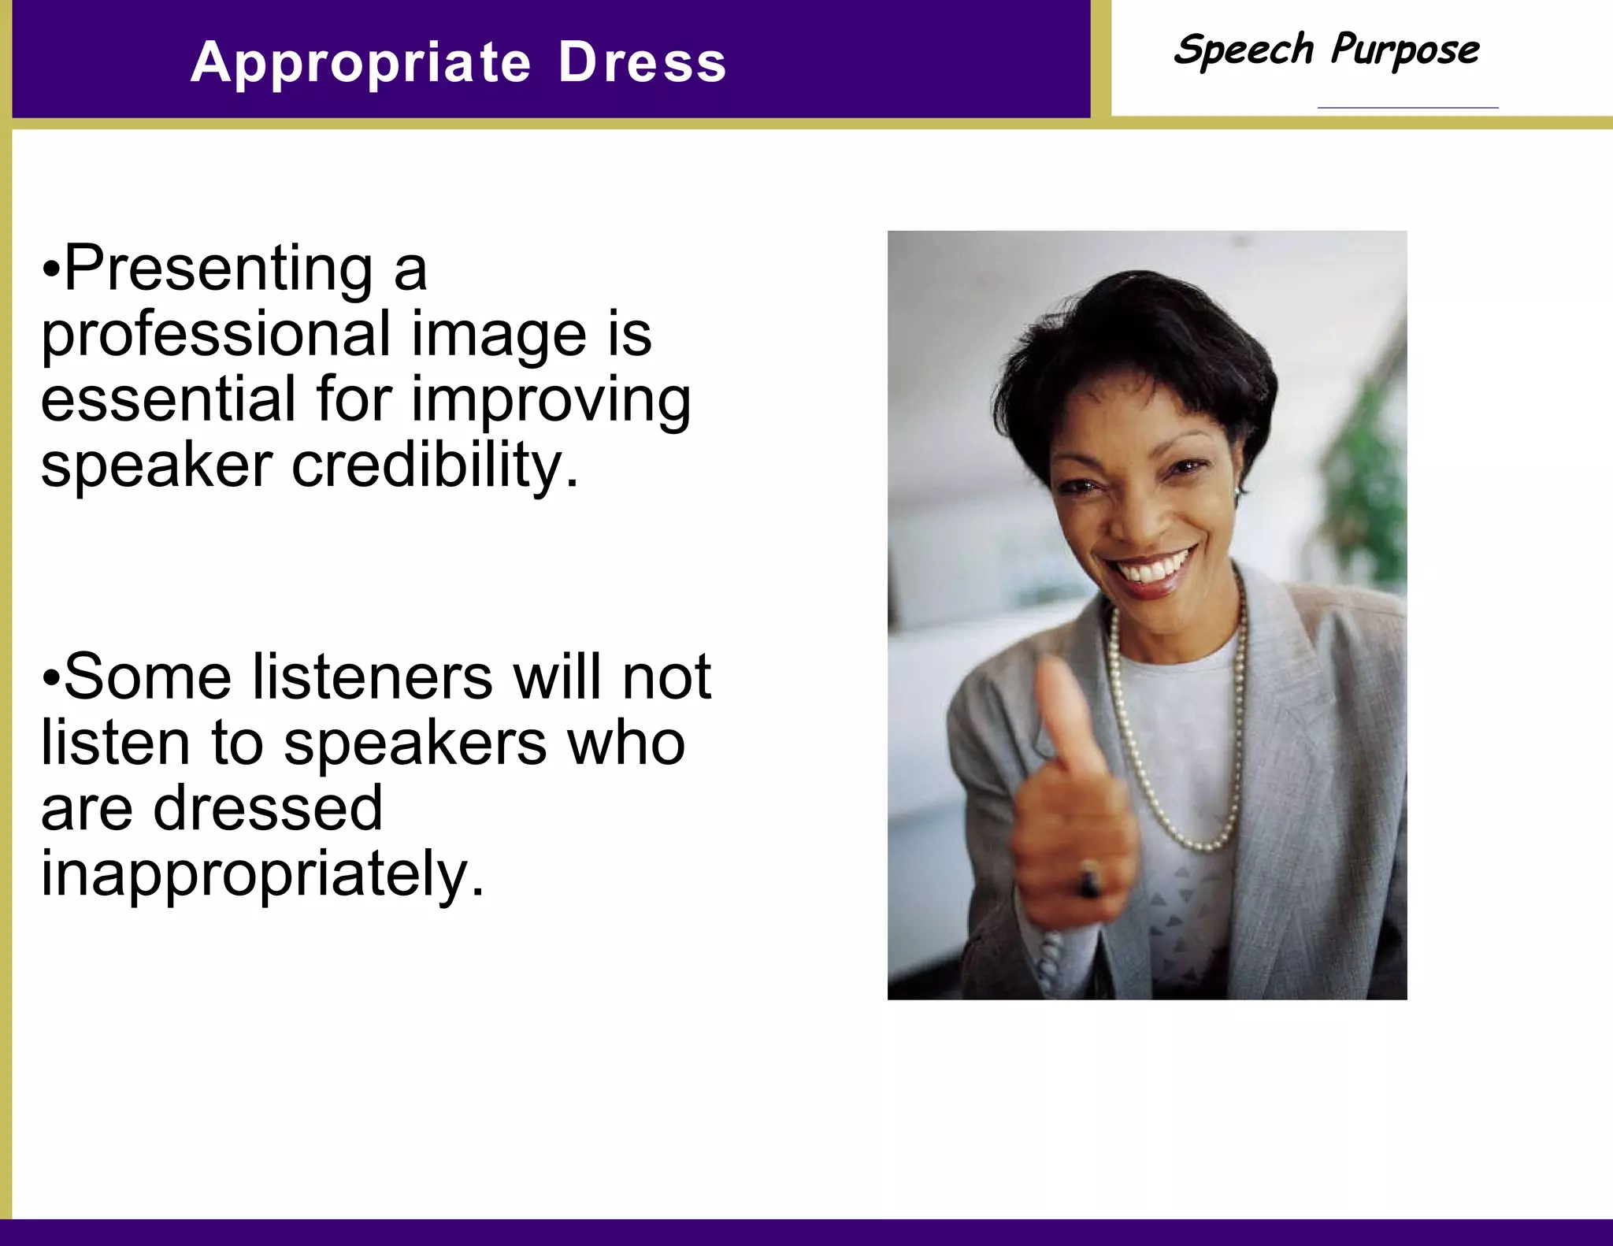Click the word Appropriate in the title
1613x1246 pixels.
coord(361,63)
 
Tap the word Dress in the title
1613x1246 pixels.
coord(642,62)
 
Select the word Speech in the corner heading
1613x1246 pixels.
coord(1243,50)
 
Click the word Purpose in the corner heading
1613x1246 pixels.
coord(1405,50)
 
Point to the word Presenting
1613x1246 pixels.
coord(218,269)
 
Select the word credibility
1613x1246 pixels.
coord(435,465)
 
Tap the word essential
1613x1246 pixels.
coord(167,399)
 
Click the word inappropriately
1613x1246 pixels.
coord(261,875)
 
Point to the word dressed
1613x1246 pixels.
coord(267,809)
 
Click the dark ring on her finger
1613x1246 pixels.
coord(1090,879)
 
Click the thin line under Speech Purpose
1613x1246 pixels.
coord(1407,107)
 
